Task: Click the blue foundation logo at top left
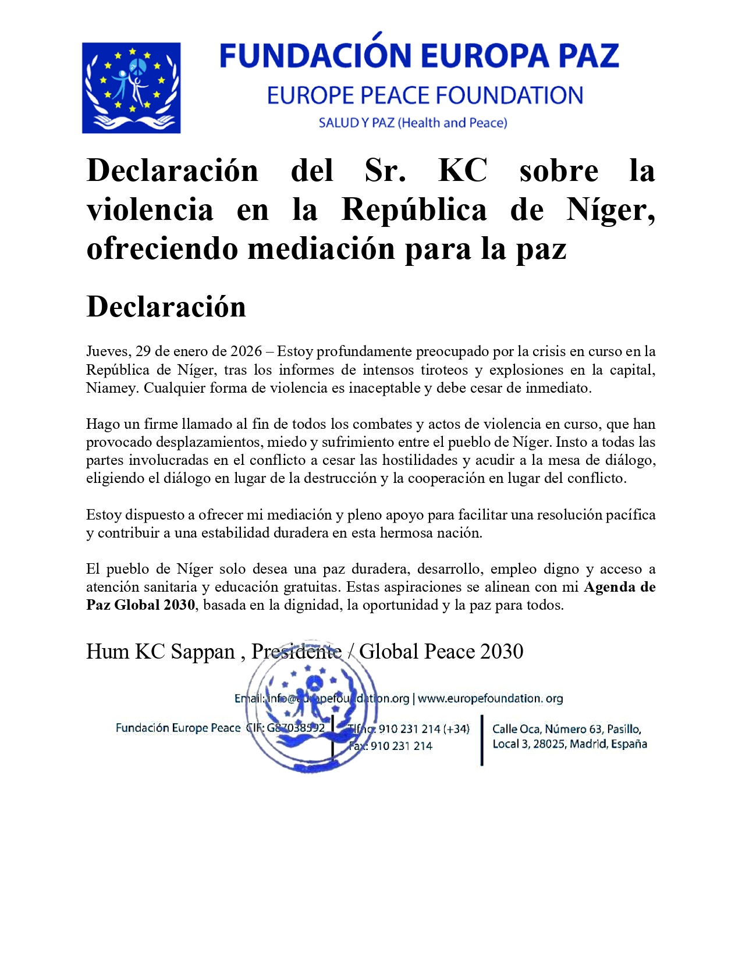point(131,88)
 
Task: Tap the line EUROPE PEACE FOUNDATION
point(425,96)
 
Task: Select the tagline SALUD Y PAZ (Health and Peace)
point(413,123)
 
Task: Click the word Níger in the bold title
point(610,210)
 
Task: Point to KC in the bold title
point(463,171)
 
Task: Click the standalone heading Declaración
point(166,307)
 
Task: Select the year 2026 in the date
point(246,351)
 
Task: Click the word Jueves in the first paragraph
point(108,351)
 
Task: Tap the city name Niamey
point(111,388)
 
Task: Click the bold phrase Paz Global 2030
point(140,605)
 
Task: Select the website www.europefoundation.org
point(490,698)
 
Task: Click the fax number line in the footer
point(391,746)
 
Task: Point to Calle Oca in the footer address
point(516,729)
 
